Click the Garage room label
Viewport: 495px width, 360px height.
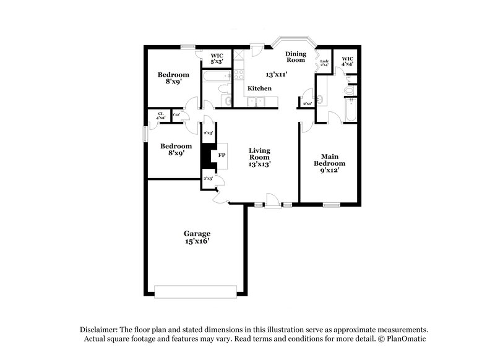tap(197, 233)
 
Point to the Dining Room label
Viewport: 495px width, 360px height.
tap(296, 56)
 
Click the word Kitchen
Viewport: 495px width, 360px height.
tap(259, 88)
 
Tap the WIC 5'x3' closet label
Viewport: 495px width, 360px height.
tap(217, 58)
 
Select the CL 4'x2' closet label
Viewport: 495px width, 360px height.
tap(161, 115)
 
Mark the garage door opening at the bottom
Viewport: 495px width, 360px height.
tap(195, 291)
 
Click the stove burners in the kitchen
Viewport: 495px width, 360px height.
tap(236, 76)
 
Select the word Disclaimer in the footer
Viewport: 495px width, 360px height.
tap(100, 330)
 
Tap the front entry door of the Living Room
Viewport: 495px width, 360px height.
tap(271, 200)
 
